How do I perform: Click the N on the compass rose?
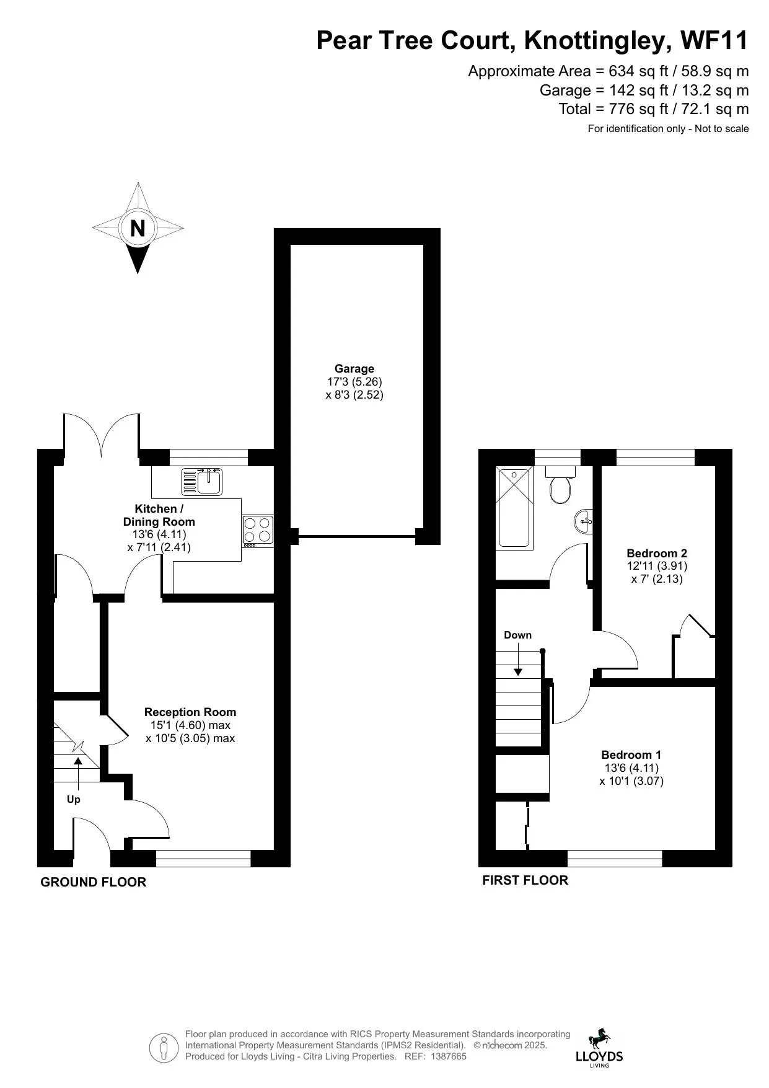(138, 228)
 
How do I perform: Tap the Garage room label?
(354, 369)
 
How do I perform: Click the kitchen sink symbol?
(202, 482)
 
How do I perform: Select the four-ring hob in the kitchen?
(258, 531)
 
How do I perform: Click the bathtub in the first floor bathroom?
(514, 507)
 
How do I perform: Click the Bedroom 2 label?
(656, 553)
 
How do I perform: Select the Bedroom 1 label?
(631, 754)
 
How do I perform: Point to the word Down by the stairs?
(517, 635)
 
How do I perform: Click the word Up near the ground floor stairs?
(74, 799)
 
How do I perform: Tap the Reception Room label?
(190, 712)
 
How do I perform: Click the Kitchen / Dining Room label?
(159, 515)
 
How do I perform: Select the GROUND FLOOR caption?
(93, 882)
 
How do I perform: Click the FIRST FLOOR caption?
(525, 880)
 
